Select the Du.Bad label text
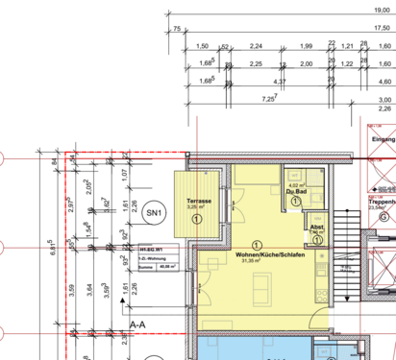click(295, 192)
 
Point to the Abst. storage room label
click(316, 228)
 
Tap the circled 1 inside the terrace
click(197, 220)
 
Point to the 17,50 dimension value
click(382, 29)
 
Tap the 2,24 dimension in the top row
click(256, 46)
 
